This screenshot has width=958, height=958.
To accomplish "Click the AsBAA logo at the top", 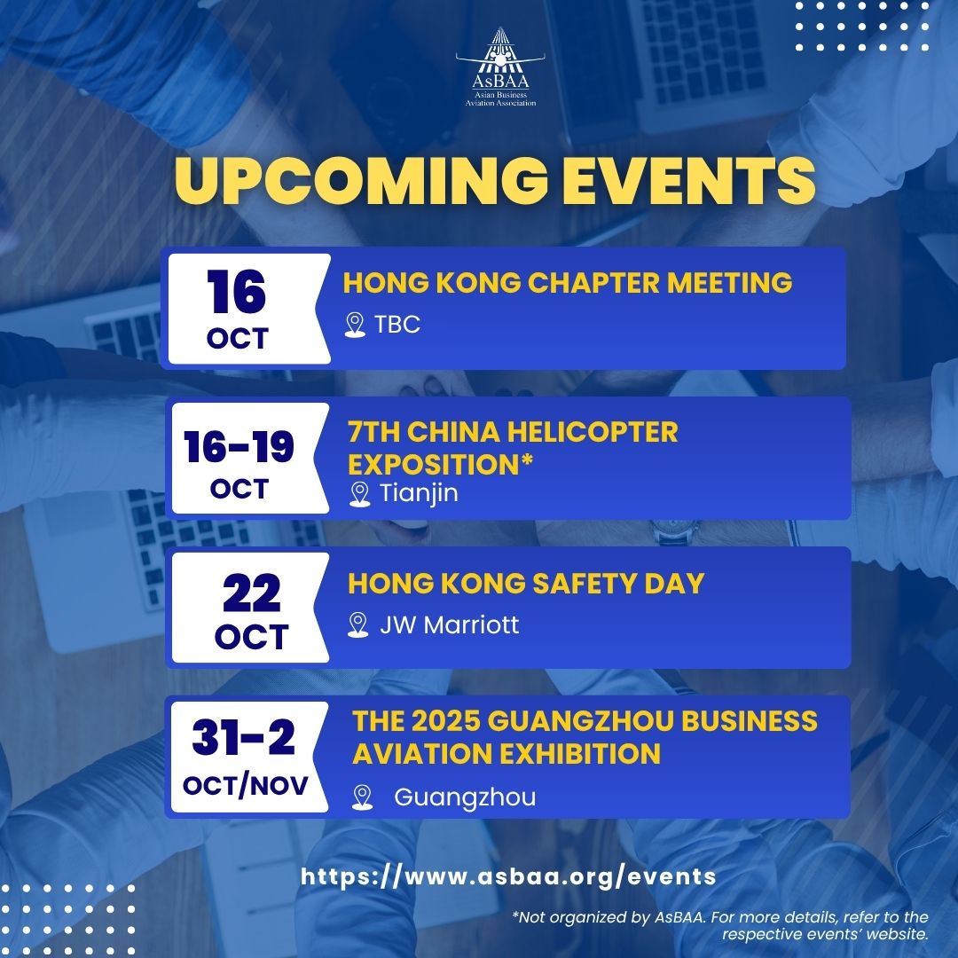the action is (x=500, y=67).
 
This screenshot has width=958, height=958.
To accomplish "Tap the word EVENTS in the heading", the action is (x=689, y=180).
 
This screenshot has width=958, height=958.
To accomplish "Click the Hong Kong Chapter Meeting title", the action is (x=568, y=283).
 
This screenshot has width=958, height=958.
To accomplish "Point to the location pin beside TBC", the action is (x=355, y=325).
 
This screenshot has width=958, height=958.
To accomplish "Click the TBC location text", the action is (x=397, y=325).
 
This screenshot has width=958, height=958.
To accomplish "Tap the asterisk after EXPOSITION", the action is (x=527, y=459).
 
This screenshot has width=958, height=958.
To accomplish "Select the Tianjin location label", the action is (x=419, y=493).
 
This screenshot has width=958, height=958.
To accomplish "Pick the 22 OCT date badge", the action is (x=250, y=608).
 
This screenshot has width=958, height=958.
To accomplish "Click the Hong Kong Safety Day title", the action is (x=526, y=584).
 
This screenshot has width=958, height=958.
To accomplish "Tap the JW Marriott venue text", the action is (x=449, y=625).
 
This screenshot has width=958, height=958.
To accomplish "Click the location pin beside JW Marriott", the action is (x=358, y=625).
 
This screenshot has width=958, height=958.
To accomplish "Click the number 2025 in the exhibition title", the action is (x=444, y=721).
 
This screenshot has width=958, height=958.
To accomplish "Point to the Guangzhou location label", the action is (x=465, y=797).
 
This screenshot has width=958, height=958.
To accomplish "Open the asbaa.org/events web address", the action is (x=508, y=876).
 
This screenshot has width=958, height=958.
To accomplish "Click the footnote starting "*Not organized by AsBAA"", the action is (x=720, y=925).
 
